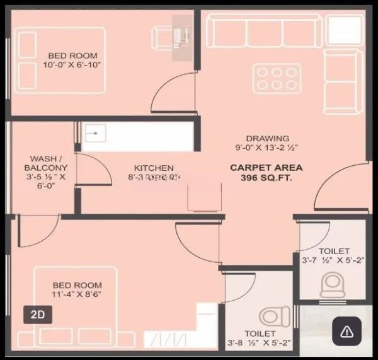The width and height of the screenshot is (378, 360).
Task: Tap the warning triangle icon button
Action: [x=346, y=331]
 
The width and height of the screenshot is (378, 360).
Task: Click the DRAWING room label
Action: [x=268, y=138]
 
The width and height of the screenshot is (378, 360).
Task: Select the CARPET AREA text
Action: [x=266, y=168]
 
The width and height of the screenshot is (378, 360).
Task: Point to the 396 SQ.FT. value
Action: [x=266, y=178]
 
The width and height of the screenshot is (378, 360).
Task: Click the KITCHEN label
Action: [x=153, y=168]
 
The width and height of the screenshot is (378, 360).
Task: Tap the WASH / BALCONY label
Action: [x=45, y=163]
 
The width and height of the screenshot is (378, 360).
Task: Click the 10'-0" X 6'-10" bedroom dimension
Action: [x=72, y=64]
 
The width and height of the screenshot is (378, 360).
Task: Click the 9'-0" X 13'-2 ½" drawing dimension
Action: [x=268, y=149]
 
